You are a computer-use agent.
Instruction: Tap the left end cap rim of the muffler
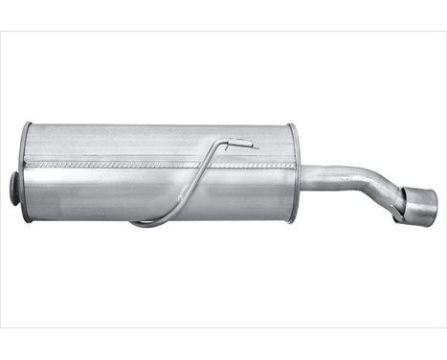click(26, 172)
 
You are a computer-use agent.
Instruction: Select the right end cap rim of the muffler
click(294, 173)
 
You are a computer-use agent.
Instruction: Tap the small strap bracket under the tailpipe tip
click(397, 217)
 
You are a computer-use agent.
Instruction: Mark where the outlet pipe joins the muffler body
click(301, 176)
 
